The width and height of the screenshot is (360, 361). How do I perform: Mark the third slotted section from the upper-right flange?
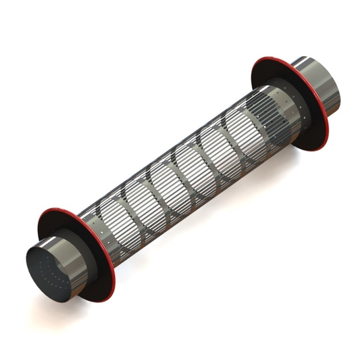click(216, 147)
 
